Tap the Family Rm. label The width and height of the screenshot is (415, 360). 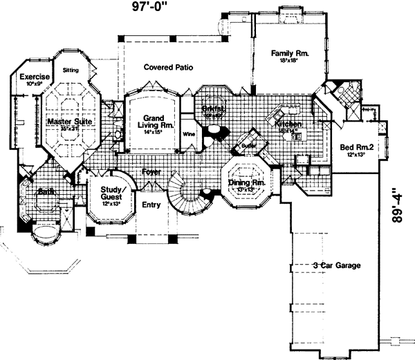click(x=289, y=53)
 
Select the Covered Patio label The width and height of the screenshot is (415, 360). click(x=167, y=68)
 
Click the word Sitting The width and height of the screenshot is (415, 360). click(x=71, y=70)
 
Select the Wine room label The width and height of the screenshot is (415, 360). click(x=187, y=133)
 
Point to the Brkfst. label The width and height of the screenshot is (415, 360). click(x=212, y=110)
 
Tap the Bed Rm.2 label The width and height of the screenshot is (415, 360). click(x=356, y=148)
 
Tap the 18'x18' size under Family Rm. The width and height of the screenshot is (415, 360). click(x=289, y=61)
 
